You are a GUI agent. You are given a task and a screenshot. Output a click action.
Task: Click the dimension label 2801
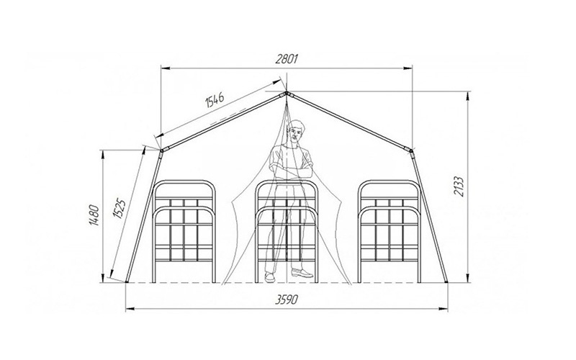286,59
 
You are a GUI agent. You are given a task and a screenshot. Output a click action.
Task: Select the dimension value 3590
286,300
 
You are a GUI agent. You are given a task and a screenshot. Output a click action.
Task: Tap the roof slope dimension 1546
215,99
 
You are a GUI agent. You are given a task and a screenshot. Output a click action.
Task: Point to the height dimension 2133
459,186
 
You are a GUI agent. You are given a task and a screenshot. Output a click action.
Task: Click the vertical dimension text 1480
94,215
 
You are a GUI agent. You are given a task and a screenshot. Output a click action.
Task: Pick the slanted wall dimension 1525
120,208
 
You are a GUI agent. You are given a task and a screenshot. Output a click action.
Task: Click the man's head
296,132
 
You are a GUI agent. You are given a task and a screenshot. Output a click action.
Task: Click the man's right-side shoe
302,273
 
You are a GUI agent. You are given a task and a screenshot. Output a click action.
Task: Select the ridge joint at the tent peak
287,94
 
